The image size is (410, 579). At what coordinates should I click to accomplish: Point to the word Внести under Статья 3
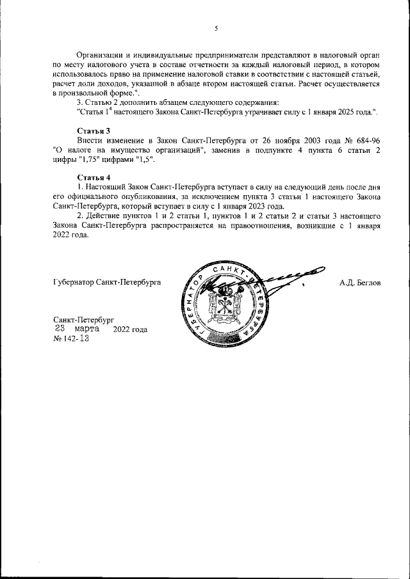90,139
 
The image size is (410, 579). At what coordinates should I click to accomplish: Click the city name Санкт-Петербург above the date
83,319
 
